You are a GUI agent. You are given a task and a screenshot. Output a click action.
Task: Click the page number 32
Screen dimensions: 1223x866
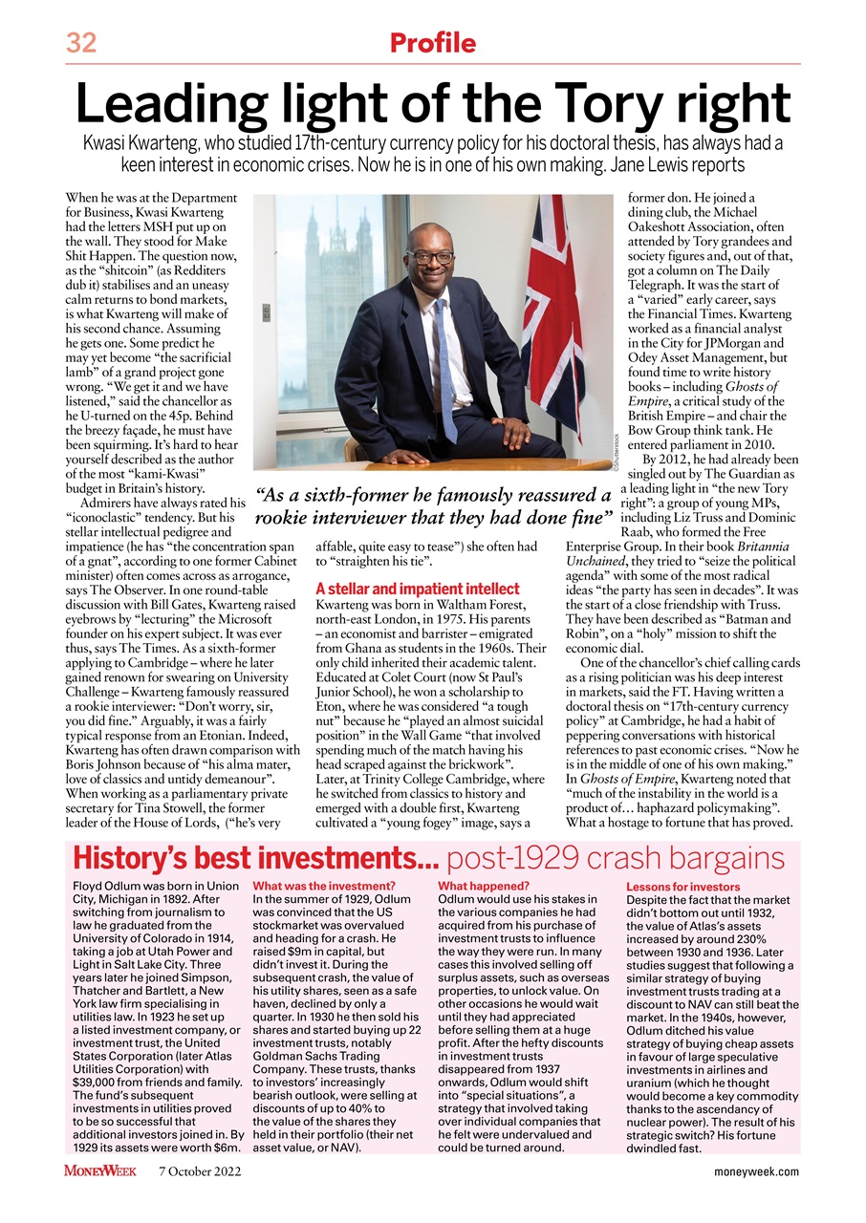(83, 43)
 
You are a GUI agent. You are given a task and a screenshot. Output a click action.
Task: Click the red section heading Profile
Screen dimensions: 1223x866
(432, 43)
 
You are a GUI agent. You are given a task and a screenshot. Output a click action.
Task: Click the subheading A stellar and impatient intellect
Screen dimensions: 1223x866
(417, 589)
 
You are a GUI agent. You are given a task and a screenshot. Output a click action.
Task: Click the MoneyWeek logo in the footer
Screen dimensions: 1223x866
(99, 1170)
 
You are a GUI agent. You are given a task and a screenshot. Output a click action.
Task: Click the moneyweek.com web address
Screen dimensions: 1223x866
(756, 1171)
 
